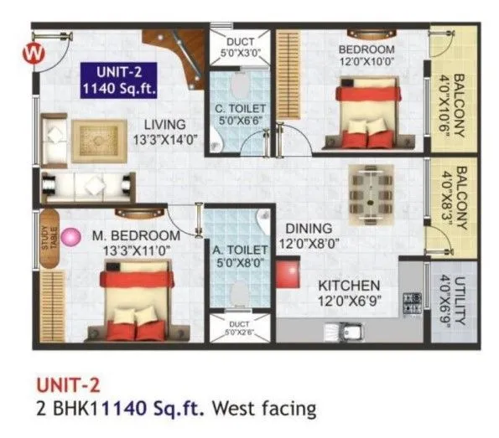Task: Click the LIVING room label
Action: [x=164, y=126]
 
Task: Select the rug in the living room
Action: [x=97, y=138]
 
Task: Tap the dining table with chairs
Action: [x=370, y=191]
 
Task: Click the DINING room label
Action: [x=308, y=228]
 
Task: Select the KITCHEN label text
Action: [x=348, y=286]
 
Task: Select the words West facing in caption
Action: [x=263, y=410]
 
